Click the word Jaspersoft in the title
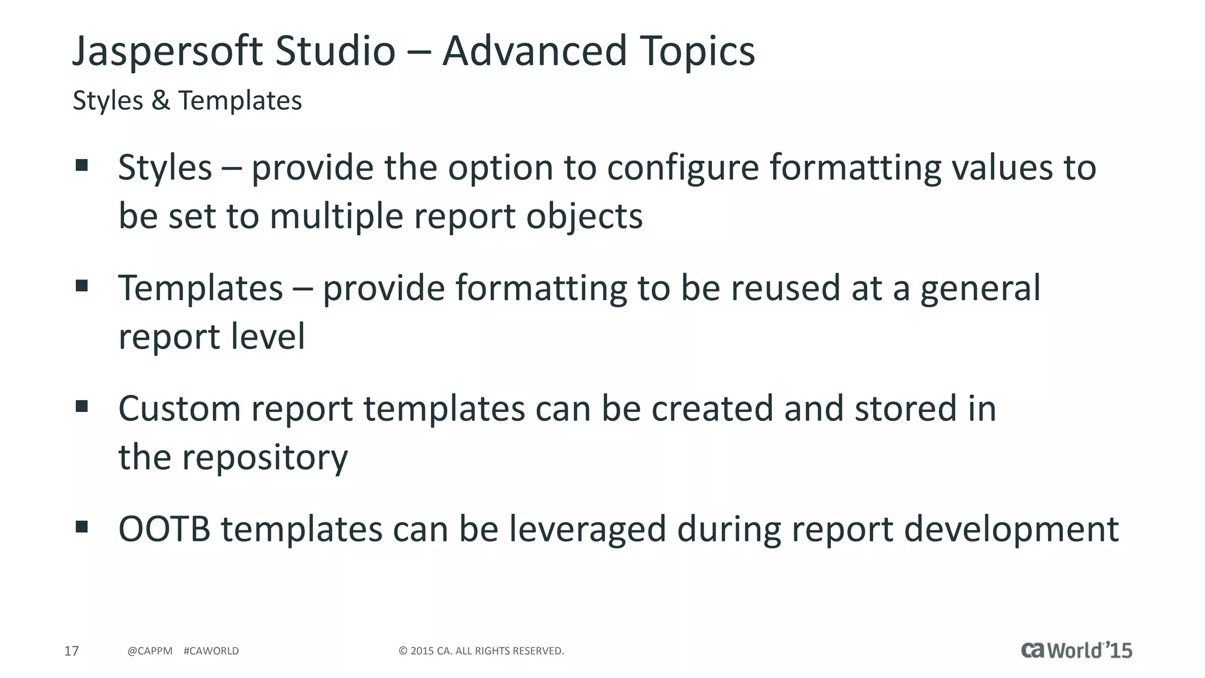tap(168, 52)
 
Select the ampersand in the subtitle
tap(161, 101)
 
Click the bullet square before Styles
tap(82, 165)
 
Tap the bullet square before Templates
tap(82, 286)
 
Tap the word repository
tap(264, 458)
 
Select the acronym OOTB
tap(164, 529)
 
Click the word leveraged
tap(587, 530)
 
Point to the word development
tap(1011, 530)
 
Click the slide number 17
tap(71, 651)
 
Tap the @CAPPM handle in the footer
tap(150, 651)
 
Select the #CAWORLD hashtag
tap(211, 651)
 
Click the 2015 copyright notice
tap(481, 651)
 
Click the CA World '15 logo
tap(1076, 650)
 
